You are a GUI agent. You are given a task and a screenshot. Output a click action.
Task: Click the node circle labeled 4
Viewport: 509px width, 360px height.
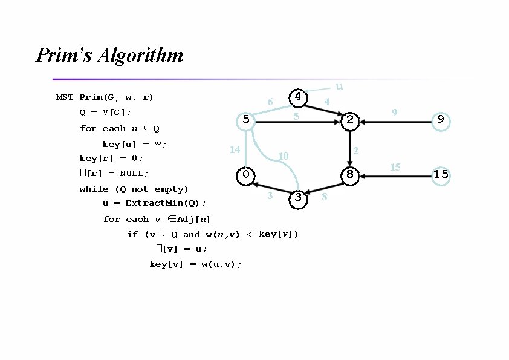[x=297, y=96]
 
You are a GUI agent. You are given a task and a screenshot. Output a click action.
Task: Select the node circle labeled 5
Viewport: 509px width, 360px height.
[x=246, y=120]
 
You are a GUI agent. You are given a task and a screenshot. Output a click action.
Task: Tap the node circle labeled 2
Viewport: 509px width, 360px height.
[x=349, y=120]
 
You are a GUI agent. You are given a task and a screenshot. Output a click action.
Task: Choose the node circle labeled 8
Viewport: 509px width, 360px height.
[x=349, y=175]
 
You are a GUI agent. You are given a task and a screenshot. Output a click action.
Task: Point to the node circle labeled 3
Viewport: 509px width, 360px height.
[x=297, y=198]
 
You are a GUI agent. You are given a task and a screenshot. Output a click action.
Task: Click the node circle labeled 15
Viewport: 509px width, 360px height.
[x=441, y=175]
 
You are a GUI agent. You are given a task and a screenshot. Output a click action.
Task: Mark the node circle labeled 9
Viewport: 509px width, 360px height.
[x=441, y=120]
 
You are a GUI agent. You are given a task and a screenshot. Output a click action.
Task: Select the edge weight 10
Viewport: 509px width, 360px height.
[x=282, y=157]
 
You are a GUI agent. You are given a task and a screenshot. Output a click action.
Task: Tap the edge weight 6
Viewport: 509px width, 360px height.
[x=270, y=102]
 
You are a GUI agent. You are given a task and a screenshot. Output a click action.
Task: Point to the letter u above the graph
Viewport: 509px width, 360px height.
[x=339, y=87]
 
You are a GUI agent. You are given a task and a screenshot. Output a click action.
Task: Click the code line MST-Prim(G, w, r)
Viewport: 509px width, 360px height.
[x=105, y=97]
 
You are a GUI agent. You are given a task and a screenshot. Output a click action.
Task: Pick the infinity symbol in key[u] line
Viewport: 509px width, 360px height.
[x=157, y=143]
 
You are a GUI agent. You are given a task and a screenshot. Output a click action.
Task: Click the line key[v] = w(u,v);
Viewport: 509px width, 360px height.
[x=195, y=264]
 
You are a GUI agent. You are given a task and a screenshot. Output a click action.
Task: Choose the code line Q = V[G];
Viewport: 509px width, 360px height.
[x=105, y=113]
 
